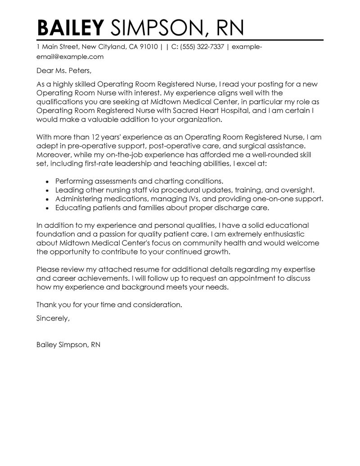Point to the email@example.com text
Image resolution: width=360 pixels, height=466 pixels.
tap(70, 57)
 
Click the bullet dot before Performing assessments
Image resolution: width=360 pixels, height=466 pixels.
tap(48, 181)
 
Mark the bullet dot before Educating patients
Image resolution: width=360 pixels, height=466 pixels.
tap(48, 208)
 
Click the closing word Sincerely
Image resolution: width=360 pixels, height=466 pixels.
tap(53, 318)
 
